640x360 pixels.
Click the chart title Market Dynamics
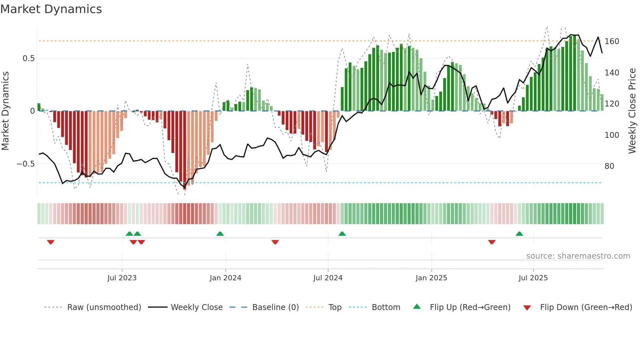point(51,9)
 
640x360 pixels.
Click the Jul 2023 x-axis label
point(122,278)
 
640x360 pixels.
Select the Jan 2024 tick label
point(225,278)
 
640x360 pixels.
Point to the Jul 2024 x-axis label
point(328,278)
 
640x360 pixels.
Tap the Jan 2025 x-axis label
point(431,278)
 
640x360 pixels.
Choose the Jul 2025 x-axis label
point(533,278)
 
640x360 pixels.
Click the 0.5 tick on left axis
point(28,58)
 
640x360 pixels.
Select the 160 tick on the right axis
point(612,41)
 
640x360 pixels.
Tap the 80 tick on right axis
point(609,166)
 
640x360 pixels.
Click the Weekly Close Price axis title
point(632,111)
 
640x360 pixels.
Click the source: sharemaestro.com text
point(578,256)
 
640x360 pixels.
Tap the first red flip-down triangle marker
point(51,242)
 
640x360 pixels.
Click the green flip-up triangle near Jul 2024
point(342,234)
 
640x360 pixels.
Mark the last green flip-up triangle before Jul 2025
point(519,234)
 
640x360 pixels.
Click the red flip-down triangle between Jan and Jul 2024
point(275,242)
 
